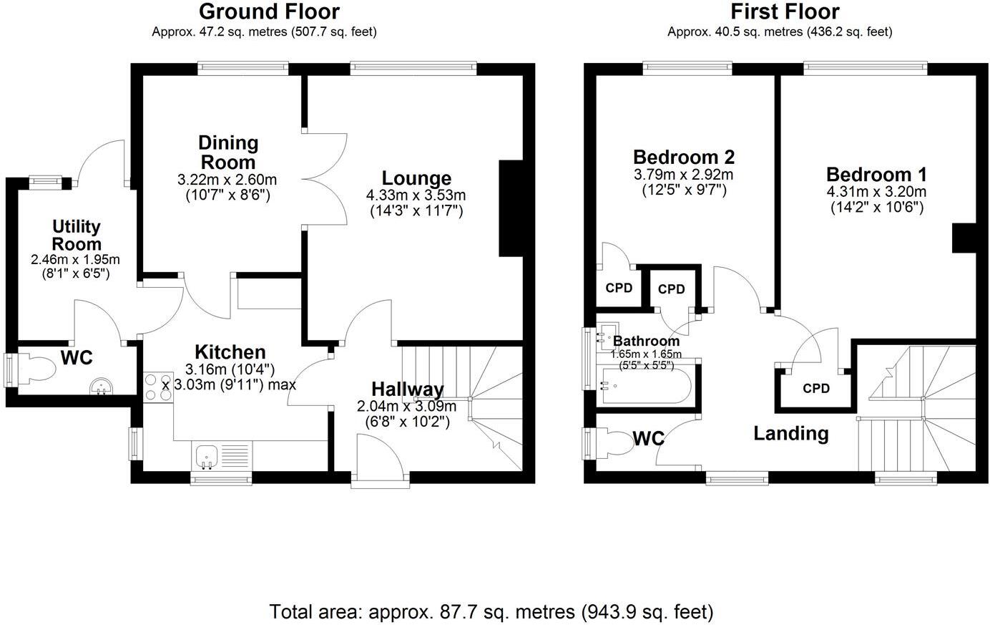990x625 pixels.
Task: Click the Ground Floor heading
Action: [269, 11]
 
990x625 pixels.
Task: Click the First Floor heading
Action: [784, 11]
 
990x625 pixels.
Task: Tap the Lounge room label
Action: [416, 178]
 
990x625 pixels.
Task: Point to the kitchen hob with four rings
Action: [157, 387]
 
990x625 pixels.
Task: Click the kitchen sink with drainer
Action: [222, 456]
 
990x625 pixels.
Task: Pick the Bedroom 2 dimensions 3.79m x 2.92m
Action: [683, 174]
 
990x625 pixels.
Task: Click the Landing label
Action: [791, 433]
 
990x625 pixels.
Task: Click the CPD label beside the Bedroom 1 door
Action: [816, 388]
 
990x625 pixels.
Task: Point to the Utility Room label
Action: [76, 235]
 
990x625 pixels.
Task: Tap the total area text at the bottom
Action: [491, 612]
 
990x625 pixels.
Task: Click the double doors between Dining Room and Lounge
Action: [325, 179]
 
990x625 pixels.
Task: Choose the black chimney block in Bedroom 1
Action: [964, 238]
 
